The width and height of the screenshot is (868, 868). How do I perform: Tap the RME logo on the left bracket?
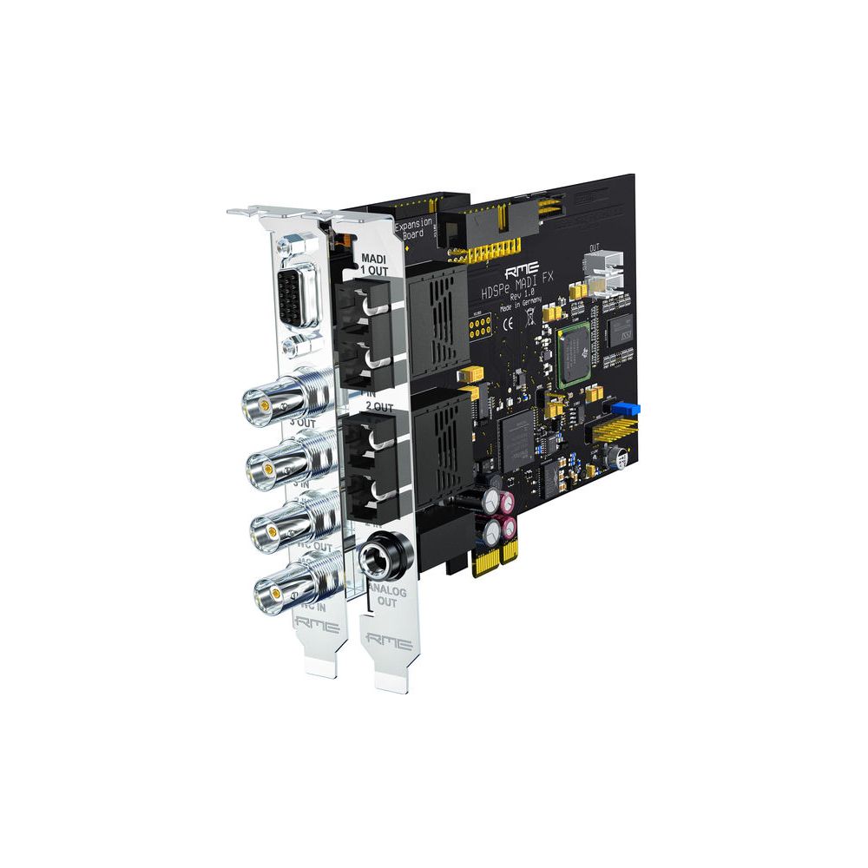pyautogui.click(x=313, y=621)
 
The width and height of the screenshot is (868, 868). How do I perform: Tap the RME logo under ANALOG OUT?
pyautogui.click(x=387, y=640)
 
